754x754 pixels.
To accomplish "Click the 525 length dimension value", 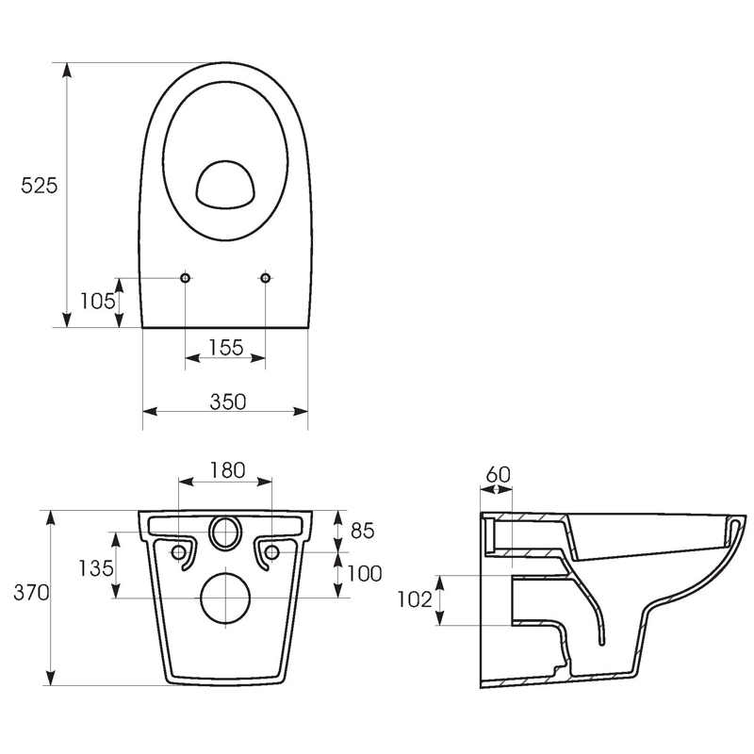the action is click(x=39, y=185).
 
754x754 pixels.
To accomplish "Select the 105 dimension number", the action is click(x=98, y=302).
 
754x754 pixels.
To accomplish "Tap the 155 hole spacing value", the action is click(x=226, y=347).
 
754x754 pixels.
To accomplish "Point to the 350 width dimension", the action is click(x=228, y=402).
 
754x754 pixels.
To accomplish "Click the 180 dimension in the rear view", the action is click(x=227, y=470).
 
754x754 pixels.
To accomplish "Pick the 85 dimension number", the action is click(x=363, y=531).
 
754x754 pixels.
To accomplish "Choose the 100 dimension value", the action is click(x=365, y=573).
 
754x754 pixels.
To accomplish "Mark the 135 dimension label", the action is click(x=97, y=568).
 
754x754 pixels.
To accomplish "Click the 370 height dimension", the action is click(x=31, y=593).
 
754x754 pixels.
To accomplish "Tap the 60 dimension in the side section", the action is click(x=499, y=475).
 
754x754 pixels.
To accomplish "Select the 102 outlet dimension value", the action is click(x=415, y=599).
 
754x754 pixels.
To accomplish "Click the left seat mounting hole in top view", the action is click(x=185, y=277).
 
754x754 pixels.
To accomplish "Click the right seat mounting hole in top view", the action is click(x=266, y=277).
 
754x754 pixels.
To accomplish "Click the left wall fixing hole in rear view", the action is click(x=178, y=552).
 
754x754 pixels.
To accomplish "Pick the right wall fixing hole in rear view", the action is click(x=272, y=552).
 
